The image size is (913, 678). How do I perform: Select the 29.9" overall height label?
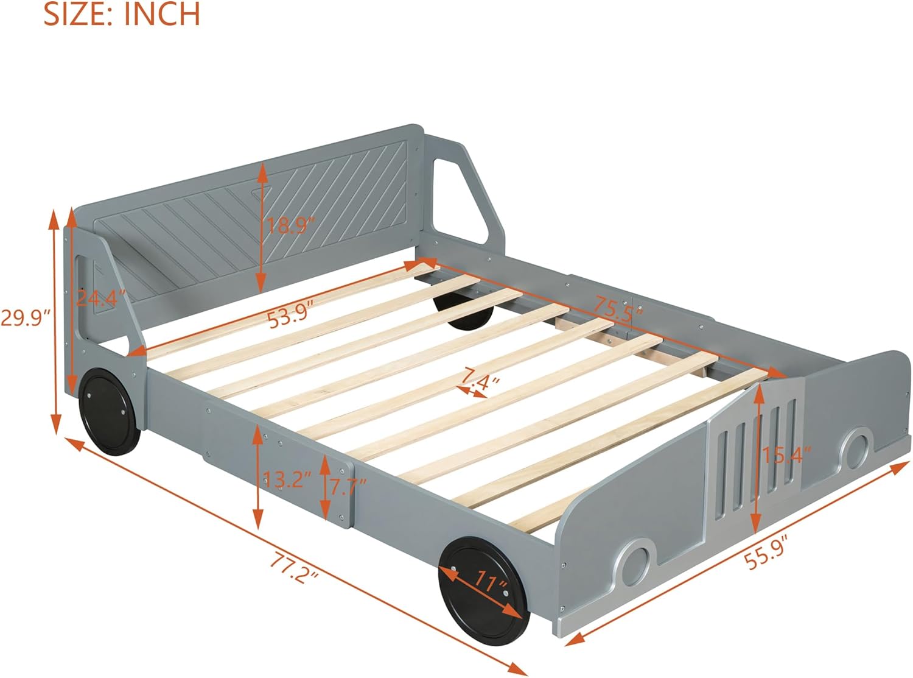point(25,318)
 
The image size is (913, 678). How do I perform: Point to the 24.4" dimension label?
point(100,298)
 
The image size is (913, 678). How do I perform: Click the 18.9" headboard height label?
point(291,225)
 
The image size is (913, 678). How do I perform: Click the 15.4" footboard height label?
point(786,455)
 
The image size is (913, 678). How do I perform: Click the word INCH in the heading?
point(162,14)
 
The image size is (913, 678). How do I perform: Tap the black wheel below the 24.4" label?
point(110,412)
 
